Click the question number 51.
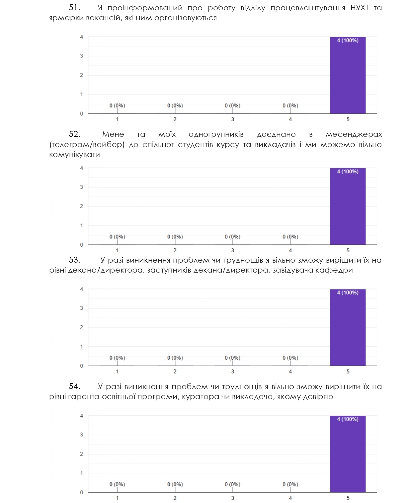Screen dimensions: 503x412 point(74,8)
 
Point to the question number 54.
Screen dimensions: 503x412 point(74,386)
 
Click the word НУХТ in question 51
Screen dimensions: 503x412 point(360,8)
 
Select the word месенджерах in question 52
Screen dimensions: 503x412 point(354,134)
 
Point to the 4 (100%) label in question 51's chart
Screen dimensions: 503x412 point(348,41)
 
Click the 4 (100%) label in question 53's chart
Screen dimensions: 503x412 point(348,293)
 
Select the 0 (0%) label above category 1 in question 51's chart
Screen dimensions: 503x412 point(117,106)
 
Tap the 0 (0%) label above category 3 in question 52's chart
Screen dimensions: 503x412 point(232,237)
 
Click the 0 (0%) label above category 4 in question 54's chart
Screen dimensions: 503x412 point(290,484)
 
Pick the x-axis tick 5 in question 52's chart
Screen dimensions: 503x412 point(348,250)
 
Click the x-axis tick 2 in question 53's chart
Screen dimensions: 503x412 point(175,372)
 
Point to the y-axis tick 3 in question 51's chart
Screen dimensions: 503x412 point(81,56)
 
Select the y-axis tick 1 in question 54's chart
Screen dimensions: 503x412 point(81,473)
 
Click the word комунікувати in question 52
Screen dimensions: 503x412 point(74,155)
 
